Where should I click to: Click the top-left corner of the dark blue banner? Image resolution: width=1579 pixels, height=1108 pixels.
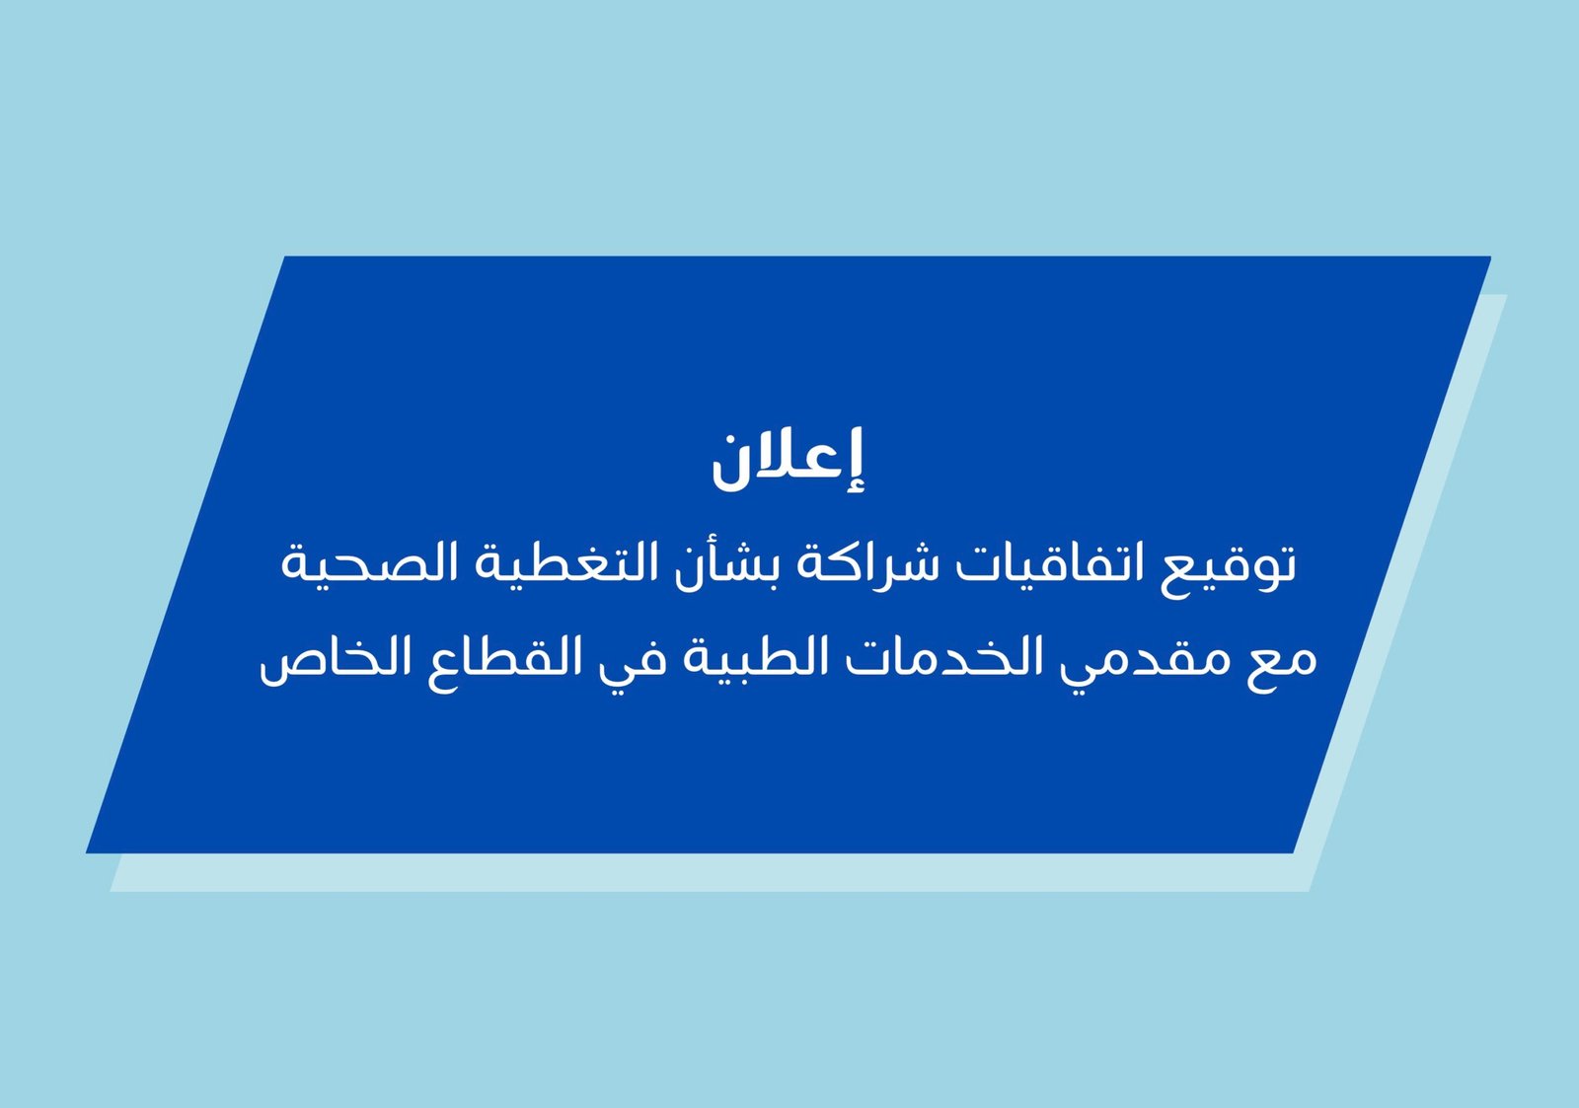(285, 257)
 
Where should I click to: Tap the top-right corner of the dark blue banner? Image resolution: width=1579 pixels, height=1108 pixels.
(1490, 257)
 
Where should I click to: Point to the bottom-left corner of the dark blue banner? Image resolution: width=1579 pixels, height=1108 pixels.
(87, 852)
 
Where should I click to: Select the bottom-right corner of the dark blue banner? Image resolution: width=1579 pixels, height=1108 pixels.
(1293, 852)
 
